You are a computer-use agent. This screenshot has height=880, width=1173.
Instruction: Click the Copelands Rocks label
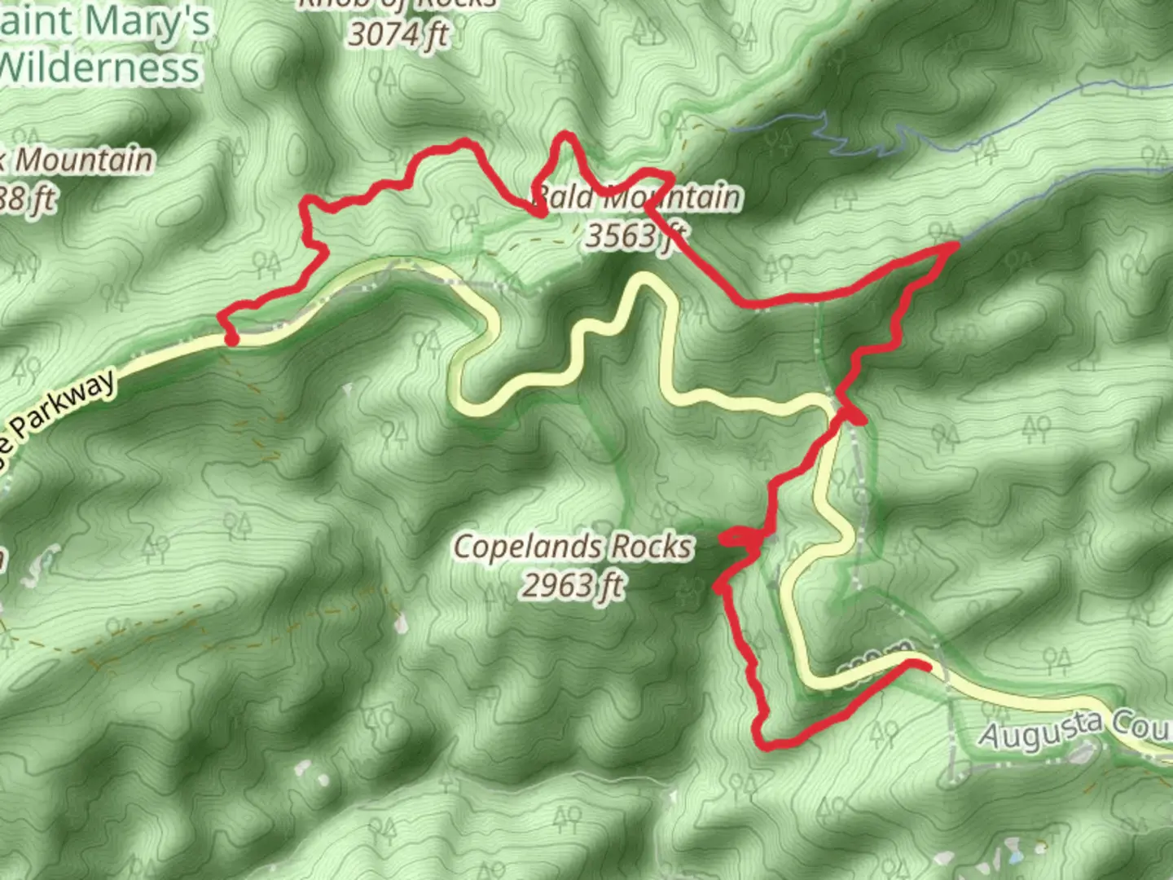click(x=573, y=547)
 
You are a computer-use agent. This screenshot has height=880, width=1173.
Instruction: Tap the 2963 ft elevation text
click(x=573, y=584)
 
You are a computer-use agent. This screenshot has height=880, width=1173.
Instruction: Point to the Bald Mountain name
click(x=637, y=198)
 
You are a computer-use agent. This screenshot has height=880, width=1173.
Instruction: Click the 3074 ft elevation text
click(x=398, y=34)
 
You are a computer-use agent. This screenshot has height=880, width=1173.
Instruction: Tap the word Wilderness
click(x=100, y=67)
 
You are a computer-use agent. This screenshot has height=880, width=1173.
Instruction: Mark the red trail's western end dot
click(x=232, y=339)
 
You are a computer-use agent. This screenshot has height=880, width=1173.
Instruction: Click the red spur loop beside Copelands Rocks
click(x=737, y=537)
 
